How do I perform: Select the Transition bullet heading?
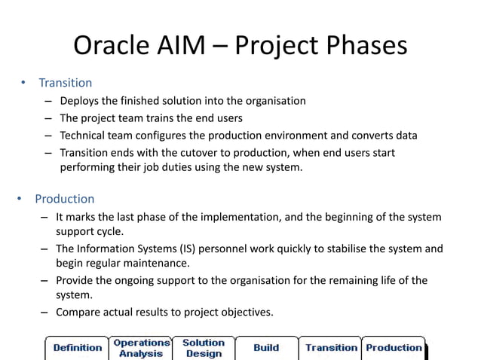[66, 83]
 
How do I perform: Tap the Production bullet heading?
[64, 199]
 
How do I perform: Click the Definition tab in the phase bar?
[78, 347]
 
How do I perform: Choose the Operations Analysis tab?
[141, 347]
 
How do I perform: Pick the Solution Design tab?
[204, 347]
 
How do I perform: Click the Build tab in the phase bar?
[266, 347]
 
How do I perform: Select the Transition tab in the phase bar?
[330, 347]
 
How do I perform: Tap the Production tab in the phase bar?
[394, 347]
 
